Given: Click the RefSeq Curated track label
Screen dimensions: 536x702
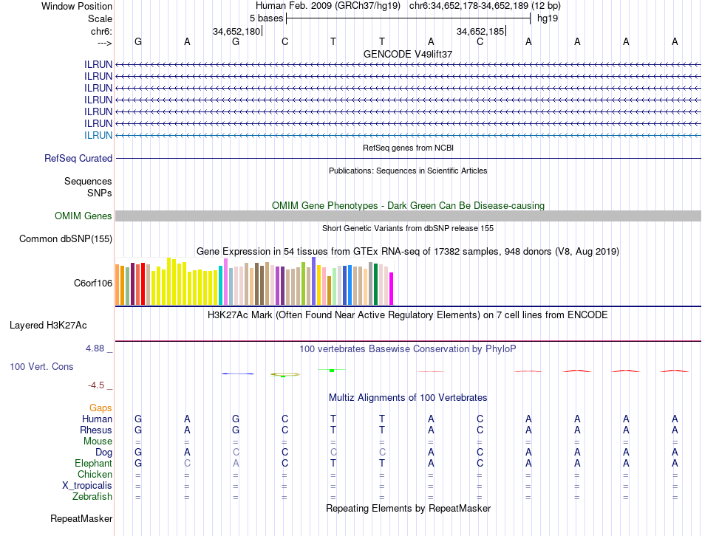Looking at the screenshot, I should point(78,158).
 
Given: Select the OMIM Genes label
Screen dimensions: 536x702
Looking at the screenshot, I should point(84,216).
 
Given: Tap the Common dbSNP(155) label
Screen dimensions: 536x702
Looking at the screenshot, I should point(66,238).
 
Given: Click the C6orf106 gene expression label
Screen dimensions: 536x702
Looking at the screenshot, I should point(92,283).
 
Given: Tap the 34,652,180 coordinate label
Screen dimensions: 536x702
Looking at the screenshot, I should point(236,32).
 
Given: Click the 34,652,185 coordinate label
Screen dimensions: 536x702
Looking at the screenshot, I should point(480,32).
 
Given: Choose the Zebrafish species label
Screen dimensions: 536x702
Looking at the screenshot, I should point(92,497).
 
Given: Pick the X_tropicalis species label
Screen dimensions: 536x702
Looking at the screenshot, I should point(87,486).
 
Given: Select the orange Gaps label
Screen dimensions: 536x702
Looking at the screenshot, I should point(100,408).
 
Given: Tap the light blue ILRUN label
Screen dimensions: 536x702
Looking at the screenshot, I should point(98,135).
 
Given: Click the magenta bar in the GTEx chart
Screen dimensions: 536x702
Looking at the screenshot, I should point(392,288).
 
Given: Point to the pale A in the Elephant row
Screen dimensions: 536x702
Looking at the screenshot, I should point(236,463).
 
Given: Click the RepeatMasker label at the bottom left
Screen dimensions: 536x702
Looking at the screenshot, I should point(81,519).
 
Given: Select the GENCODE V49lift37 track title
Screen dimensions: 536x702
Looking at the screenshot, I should point(408,54).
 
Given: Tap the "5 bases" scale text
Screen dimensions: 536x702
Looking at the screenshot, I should point(266,18).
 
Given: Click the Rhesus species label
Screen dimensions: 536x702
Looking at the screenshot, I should point(96,430).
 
